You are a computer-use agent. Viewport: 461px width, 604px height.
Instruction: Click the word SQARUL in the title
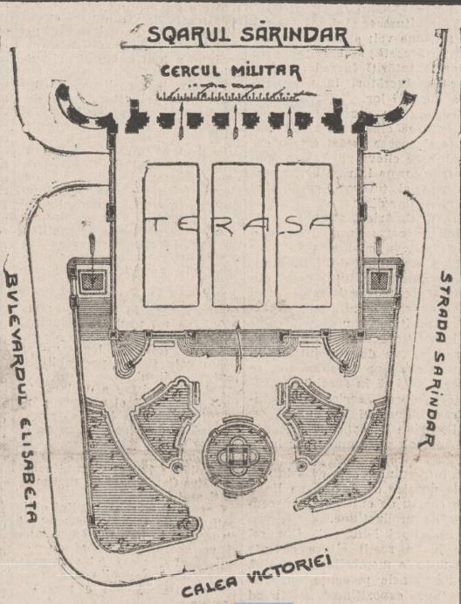(189, 34)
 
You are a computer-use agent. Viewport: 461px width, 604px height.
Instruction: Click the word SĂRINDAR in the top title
(295, 34)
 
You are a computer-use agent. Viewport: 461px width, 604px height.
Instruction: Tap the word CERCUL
(190, 71)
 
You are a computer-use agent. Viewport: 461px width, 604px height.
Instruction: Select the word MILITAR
(266, 72)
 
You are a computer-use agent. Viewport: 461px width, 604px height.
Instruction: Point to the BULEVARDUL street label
(17, 339)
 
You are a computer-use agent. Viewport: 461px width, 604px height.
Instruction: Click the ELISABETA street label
(29, 470)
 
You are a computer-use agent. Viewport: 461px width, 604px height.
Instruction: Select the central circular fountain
(238, 456)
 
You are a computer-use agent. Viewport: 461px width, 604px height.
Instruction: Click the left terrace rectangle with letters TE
(171, 235)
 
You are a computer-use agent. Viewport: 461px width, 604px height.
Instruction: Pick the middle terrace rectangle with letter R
(238, 235)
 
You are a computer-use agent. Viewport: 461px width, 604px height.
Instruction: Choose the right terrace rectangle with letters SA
(304, 235)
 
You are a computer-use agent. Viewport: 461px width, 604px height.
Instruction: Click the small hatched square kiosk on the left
(93, 281)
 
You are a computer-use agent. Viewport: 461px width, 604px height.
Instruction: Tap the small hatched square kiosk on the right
(379, 281)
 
